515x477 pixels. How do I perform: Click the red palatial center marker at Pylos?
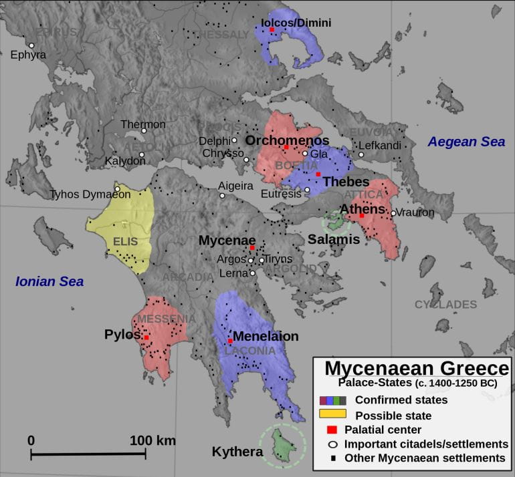[x=146, y=337]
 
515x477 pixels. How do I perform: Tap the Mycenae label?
[x=227, y=240]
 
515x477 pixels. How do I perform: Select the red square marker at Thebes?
[x=318, y=174]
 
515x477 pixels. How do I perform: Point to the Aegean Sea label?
[x=466, y=142]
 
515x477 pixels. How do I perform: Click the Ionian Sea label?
[x=49, y=281]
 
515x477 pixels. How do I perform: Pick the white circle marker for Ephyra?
[x=31, y=45]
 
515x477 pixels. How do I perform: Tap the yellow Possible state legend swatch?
[x=332, y=415]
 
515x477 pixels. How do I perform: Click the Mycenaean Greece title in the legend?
[x=417, y=369]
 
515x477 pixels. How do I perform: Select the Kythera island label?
[x=237, y=452]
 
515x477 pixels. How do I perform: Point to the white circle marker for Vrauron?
[x=393, y=213]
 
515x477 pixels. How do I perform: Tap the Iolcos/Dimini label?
[x=296, y=23]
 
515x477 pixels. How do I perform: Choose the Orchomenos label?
[x=287, y=140]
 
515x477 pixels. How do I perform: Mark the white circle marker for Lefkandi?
[x=360, y=155]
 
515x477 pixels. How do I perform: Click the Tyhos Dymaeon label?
[x=90, y=194]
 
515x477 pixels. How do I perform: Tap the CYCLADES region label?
[x=445, y=305]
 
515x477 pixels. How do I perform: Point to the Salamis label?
[x=334, y=239]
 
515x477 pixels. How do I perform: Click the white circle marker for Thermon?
[x=143, y=130]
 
